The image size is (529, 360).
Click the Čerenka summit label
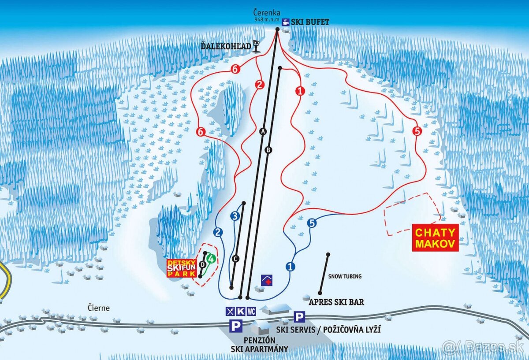[267, 13]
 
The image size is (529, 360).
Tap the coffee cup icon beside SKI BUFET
[286, 22]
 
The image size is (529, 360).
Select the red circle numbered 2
[260, 85]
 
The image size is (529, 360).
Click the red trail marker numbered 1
[301, 91]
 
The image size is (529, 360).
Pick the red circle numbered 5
[417, 131]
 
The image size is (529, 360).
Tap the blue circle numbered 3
[235, 215]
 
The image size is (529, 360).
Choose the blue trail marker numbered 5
[312, 223]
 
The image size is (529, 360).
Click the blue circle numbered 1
[290, 266]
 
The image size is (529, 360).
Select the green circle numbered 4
[212, 259]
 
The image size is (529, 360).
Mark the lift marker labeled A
[264, 131]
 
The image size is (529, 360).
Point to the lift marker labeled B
[268, 150]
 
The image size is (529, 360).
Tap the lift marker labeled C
[235, 259]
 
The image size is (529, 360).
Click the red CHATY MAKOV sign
[436, 238]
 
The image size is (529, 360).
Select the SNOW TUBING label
[345, 276]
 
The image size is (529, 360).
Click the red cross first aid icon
[267, 280]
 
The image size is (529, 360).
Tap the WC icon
[251, 311]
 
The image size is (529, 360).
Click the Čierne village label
[98, 308]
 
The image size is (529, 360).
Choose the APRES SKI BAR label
[336, 302]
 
